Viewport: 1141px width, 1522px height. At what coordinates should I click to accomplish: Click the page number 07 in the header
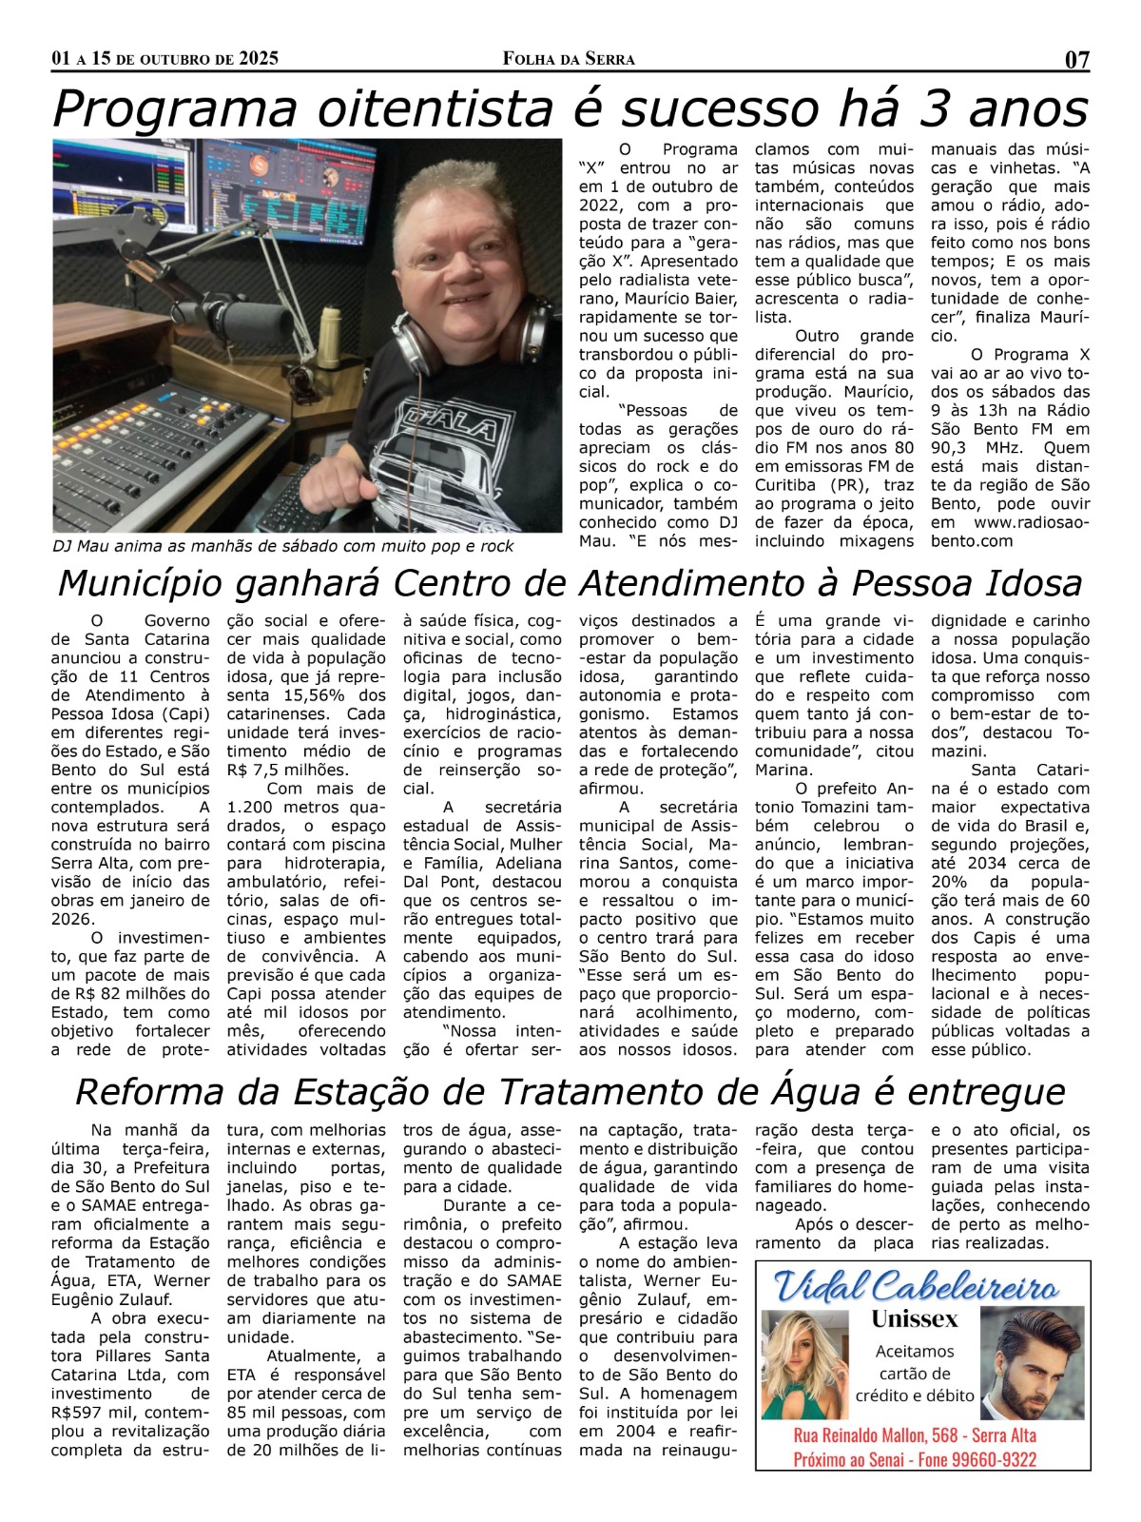coord(1076,60)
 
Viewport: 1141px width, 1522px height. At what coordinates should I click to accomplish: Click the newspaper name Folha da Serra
coord(569,59)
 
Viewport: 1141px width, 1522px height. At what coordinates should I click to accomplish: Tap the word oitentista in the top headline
coord(434,108)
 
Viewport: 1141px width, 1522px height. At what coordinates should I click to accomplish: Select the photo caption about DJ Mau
coord(282,546)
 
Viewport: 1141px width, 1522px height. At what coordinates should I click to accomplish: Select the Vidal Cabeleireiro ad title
coord(917,1287)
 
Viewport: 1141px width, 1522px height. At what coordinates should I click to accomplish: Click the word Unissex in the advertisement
coord(914,1319)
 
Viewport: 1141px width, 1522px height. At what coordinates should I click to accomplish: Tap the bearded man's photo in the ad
coord(1033,1362)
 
